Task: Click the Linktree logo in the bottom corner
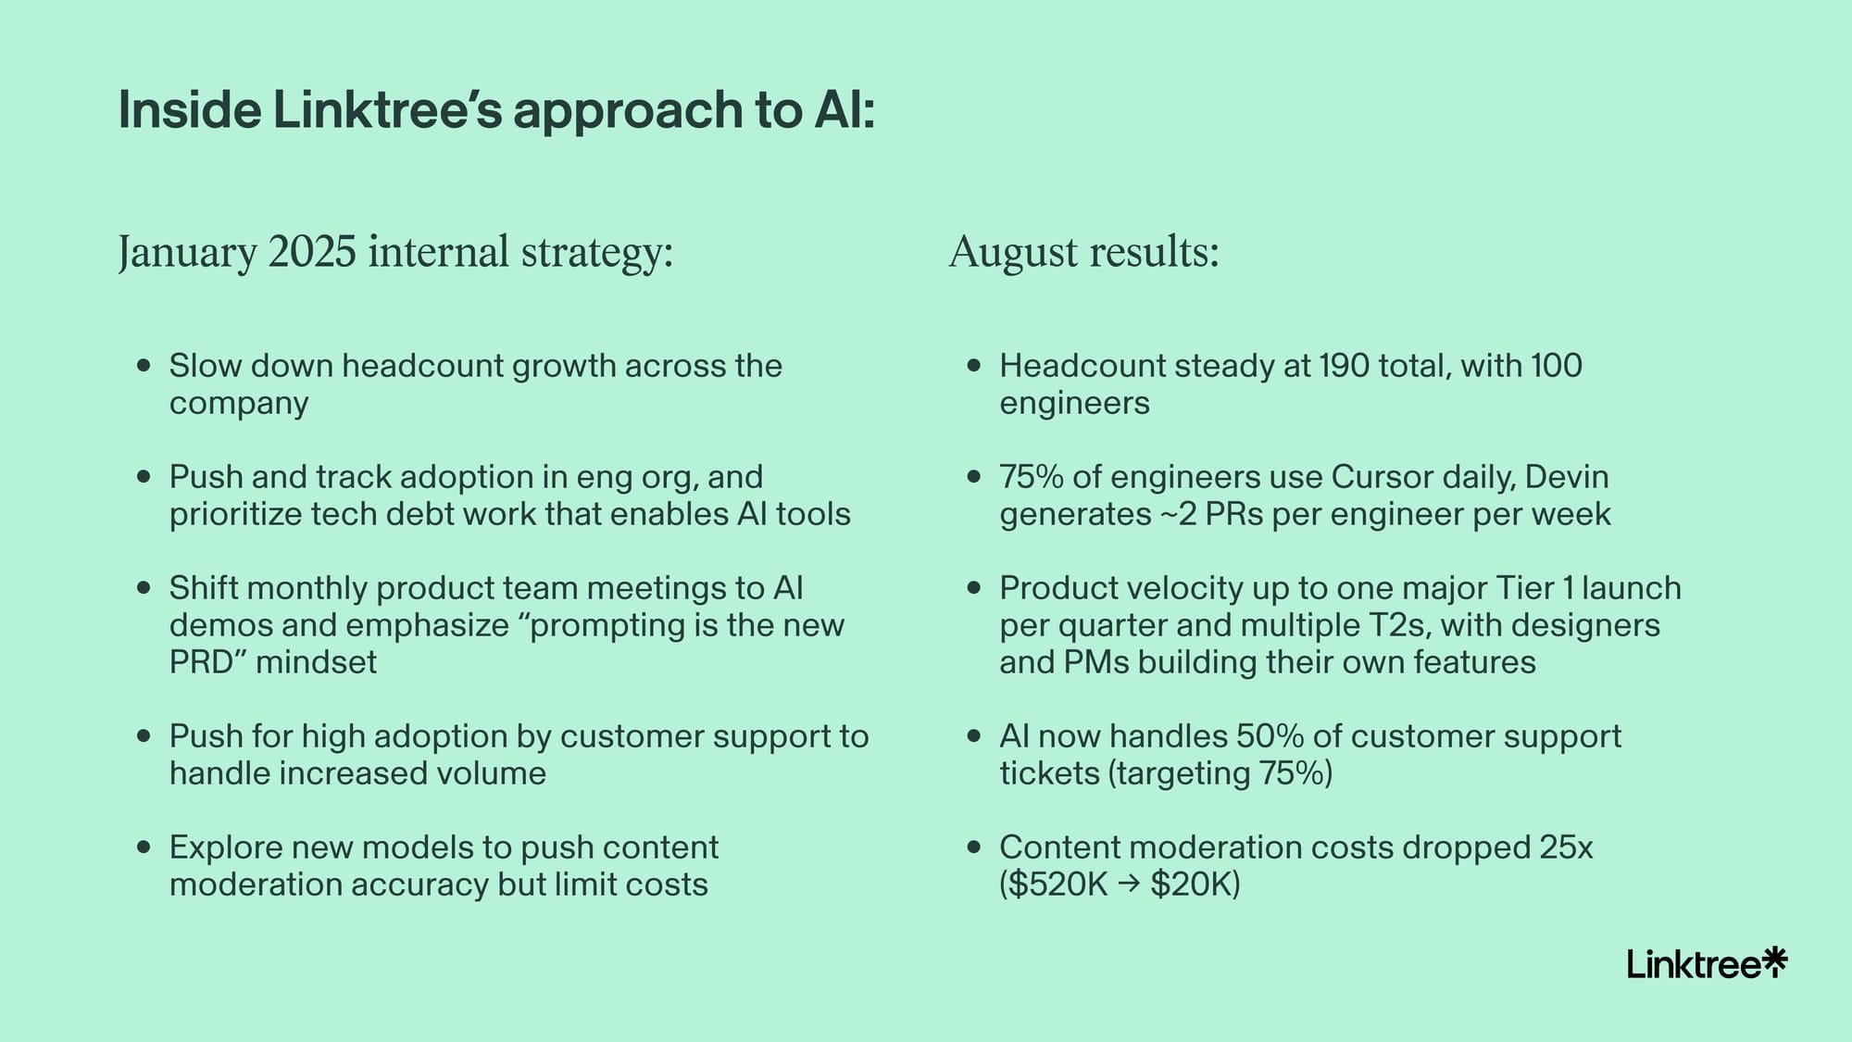1707,963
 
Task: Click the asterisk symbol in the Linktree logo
1773,961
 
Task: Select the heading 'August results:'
1084,252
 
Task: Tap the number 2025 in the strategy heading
312,252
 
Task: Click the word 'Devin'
1567,477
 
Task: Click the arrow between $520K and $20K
1129,885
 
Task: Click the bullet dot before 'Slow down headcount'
143,366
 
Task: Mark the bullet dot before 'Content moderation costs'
973,847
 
